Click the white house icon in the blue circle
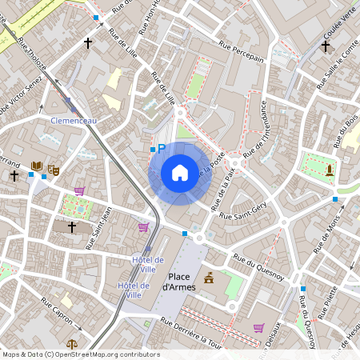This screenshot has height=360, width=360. coord(180,172)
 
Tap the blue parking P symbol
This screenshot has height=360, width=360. coord(161,148)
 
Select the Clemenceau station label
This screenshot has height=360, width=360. coord(74,120)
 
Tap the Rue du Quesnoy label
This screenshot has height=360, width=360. coord(258,268)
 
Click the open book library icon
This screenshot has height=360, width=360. coord(36,166)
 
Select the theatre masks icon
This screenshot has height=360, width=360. coord(54,169)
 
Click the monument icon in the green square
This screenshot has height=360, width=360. coord(329,170)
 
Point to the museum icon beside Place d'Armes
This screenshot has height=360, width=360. coord(210,278)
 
